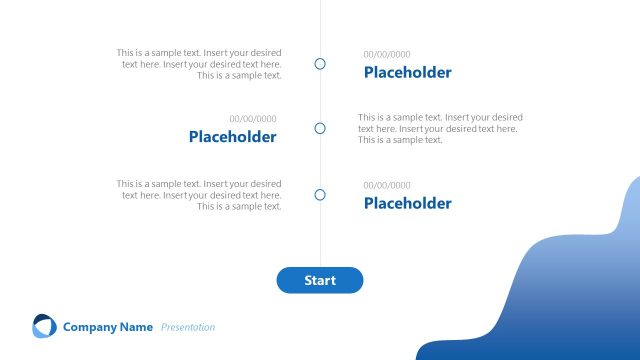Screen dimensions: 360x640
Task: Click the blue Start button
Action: (320, 280)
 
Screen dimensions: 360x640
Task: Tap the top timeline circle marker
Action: (320, 64)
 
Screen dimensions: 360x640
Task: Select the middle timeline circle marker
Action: (320, 128)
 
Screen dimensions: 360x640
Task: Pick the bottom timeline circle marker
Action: (320, 195)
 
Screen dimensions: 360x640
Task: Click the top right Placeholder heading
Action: (407, 72)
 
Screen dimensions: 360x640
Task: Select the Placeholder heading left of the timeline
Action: (232, 137)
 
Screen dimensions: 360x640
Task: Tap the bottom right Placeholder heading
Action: (407, 203)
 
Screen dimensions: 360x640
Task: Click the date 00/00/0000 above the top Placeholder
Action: (387, 54)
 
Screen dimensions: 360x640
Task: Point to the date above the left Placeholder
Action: (253, 119)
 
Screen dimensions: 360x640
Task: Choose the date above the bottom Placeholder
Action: (387, 185)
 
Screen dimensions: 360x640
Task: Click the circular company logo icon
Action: (44, 326)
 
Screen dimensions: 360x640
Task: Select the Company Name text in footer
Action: (108, 327)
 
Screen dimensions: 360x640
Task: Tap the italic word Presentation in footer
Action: (188, 327)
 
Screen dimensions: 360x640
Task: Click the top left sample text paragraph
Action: (199, 64)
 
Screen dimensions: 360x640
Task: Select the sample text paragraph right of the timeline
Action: (440, 128)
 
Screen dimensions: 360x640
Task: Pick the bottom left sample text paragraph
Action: (199, 195)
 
